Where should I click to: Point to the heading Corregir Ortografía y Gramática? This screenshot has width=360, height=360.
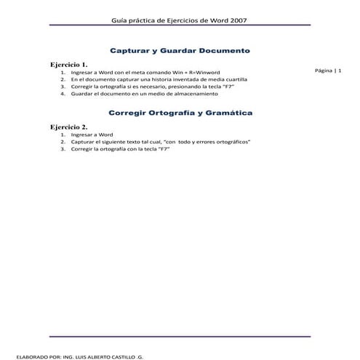point(180,113)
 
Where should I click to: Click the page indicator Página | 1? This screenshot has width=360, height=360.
point(333,71)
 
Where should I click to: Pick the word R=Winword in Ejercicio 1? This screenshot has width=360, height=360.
point(178,73)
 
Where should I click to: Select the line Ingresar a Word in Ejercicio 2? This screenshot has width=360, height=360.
point(92,135)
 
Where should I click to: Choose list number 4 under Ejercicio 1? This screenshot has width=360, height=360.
point(63,94)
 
